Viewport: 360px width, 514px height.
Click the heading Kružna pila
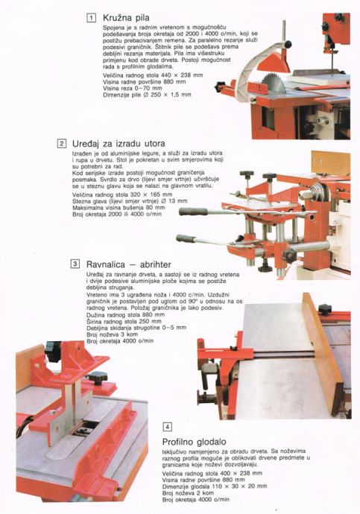(x=126, y=17)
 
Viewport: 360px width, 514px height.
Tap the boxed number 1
(x=92, y=17)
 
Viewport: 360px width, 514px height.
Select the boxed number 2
(x=61, y=144)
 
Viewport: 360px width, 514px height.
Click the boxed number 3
(x=75, y=264)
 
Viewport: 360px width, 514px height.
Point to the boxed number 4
(x=167, y=427)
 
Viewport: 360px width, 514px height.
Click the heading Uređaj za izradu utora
(x=119, y=144)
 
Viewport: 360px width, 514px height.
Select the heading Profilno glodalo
(x=194, y=442)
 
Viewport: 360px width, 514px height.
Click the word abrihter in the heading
(x=156, y=264)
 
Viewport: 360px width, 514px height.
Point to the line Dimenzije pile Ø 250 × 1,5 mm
(x=147, y=95)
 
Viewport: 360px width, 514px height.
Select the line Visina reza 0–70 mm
(x=133, y=88)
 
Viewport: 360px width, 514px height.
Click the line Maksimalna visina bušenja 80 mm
(x=119, y=208)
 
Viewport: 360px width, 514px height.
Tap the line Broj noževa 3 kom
(x=112, y=334)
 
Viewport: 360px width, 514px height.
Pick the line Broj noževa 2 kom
(x=188, y=493)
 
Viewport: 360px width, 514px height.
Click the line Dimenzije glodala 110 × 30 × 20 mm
(x=215, y=486)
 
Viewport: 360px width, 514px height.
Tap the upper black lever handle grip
(x=194, y=212)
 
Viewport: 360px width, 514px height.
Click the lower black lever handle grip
(x=186, y=238)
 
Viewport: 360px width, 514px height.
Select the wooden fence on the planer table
(x=323, y=354)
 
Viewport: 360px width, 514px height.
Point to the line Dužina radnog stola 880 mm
(x=125, y=314)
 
